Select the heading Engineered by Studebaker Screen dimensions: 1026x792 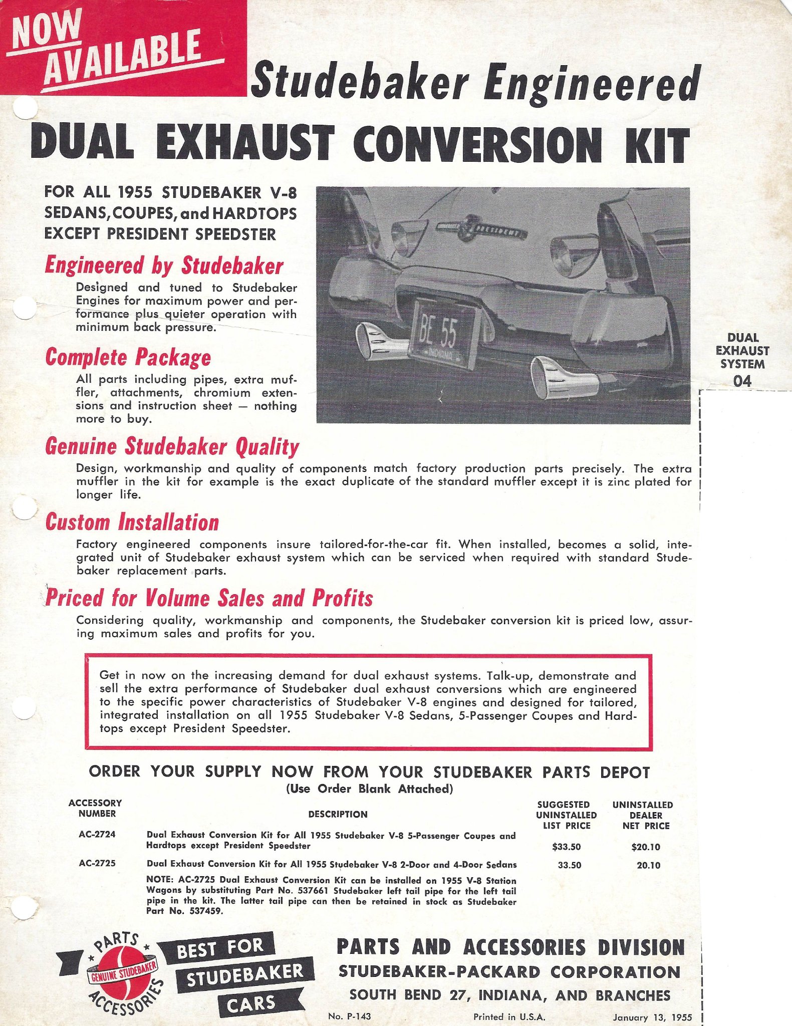(x=164, y=266)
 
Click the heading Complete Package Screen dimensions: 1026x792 (x=128, y=357)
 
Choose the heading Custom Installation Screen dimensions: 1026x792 (x=132, y=522)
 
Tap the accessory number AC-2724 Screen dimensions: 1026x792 (x=97, y=835)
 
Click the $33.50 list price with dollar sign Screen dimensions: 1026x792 (x=566, y=847)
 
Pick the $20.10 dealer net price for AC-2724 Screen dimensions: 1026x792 (x=646, y=847)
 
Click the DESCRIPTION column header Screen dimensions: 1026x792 (x=338, y=815)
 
